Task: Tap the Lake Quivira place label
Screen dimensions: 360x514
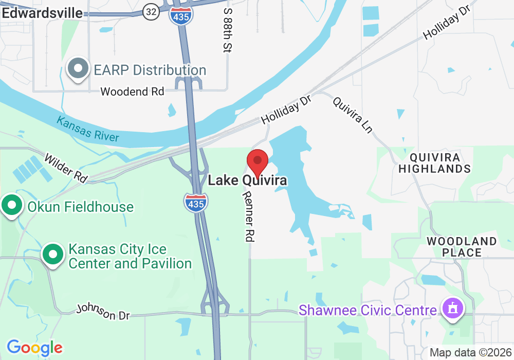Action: [x=247, y=181]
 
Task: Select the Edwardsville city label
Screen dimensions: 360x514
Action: [x=42, y=13]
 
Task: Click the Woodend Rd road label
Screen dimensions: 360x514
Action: [x=132, y=92]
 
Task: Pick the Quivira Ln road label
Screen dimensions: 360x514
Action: [x=353, y=115]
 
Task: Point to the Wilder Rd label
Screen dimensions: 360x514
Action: [x=66, y=167]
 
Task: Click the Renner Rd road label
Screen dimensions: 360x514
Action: [x=249, y=216]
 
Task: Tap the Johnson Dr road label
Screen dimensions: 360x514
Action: [x=103, y=312]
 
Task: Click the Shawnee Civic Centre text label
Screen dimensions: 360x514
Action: [x=368, y=311]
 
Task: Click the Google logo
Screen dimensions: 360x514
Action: [x=34, y=348]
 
